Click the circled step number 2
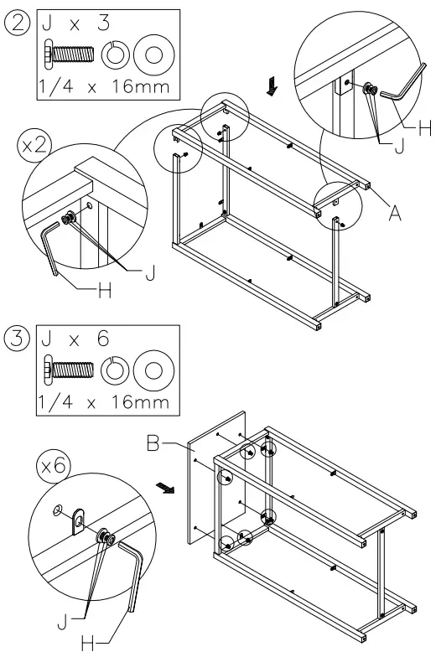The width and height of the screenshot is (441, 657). [x=17, y=24]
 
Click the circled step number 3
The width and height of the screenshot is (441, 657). [x=17, y=339]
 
